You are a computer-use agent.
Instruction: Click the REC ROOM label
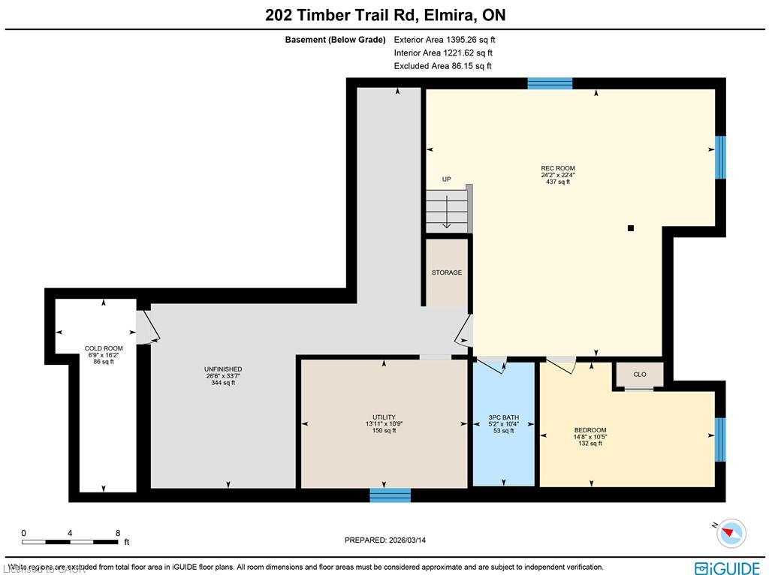[x=558, y=168]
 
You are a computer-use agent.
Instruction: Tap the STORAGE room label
[x=446, y=272]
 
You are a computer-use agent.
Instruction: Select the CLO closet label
[x=640, y=375]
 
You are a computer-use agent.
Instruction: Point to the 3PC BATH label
[x=504, y=417]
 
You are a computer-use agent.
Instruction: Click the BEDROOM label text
[x=590, y=430]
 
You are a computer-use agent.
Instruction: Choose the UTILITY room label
[x=384, y=417]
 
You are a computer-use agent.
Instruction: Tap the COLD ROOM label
[x=104, y=348]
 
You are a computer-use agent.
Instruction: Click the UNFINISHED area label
[x=223, y=369]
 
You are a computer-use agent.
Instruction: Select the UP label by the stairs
[x=446, y=179]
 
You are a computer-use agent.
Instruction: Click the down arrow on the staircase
[x=447, y=212]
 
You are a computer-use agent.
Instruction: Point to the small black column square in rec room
[x=631, y=228]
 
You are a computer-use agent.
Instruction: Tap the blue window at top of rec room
[x=550, y=83]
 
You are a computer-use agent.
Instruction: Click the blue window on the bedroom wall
[x=719, y=440]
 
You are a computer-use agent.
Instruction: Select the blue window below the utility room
[x=390, y=495]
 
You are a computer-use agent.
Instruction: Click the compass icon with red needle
[x=731, y=533]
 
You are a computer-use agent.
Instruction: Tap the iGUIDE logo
[x=727, y=568]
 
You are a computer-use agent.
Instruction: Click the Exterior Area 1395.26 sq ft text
[x=445, y=40]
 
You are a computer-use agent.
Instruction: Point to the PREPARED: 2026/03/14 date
[x=385, y=540]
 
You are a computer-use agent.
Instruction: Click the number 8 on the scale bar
[x=118, y=533]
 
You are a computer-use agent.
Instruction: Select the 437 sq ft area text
[x=558, y=182]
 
